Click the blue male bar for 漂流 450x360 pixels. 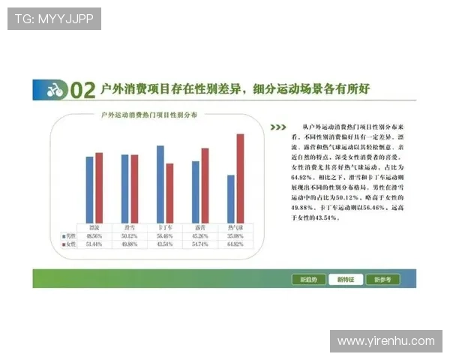tap(90, 189)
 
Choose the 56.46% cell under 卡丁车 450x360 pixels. tap(165, 235)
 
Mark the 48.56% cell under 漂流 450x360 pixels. tap(94, 235)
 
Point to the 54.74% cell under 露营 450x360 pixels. tap(200, 244)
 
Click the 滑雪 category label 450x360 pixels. tap(130, 226)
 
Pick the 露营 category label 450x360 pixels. tap(200, 226)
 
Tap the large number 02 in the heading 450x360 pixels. tap(83, 91)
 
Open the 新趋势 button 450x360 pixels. tap(308, 279)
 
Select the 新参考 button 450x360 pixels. tap(382, 279)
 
